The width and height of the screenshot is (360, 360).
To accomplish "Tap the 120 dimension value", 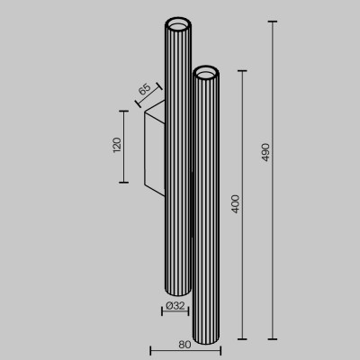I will tap(115, 146).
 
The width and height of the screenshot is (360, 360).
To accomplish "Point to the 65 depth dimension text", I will tap(144, 92).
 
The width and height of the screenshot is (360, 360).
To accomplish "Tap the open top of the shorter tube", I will tap(206, 68).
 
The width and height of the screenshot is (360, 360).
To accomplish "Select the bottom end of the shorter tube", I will tap(206, 336).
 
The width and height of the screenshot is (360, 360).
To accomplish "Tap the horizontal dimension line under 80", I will tap(184, 351).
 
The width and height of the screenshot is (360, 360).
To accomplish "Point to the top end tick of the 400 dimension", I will tap(243, 67).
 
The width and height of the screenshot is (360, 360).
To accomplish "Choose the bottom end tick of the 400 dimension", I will tap(243, 339).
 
